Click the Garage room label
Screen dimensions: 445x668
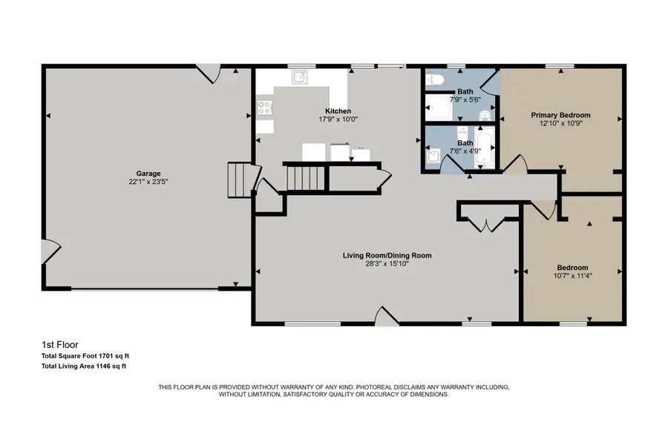pos(148,174)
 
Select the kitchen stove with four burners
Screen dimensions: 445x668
pos(264,108)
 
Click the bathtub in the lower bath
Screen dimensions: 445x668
pos(485,148)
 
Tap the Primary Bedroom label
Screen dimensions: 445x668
pos(560,115)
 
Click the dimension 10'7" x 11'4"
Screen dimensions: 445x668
pos(572,275)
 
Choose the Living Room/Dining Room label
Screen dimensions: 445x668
pos(387,255)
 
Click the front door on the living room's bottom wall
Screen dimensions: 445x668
pos(386,317)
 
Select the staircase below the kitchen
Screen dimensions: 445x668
pos(304,178)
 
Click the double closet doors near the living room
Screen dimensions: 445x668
pos(485,223)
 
